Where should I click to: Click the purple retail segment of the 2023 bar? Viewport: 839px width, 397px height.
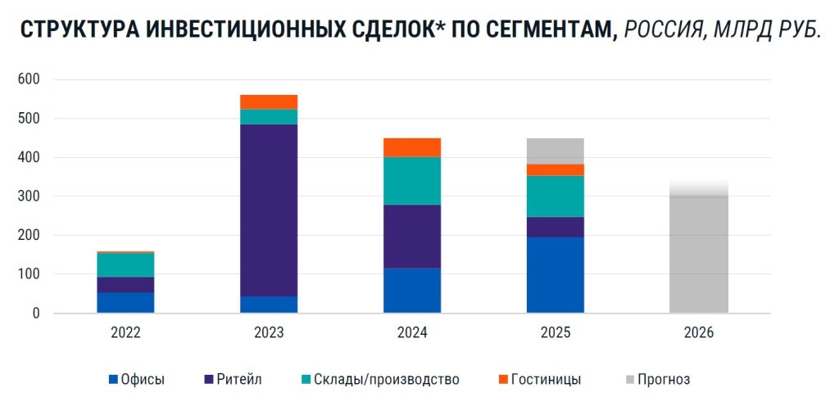269,210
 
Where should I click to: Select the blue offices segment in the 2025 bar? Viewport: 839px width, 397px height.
555,275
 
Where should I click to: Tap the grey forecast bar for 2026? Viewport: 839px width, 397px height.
698,254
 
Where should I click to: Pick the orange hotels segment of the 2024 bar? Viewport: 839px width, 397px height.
412,147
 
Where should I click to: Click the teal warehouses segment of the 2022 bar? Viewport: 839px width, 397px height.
125,265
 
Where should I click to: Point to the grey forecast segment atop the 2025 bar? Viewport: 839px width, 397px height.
555,151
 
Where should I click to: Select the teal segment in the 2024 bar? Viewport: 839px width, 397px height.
412,181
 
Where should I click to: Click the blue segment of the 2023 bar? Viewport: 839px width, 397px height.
269,305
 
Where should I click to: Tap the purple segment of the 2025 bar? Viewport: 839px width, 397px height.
555,227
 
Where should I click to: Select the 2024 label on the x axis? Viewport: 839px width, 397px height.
412,333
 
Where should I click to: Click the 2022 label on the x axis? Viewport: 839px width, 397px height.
125,333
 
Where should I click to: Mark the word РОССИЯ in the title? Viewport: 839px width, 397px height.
664,30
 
